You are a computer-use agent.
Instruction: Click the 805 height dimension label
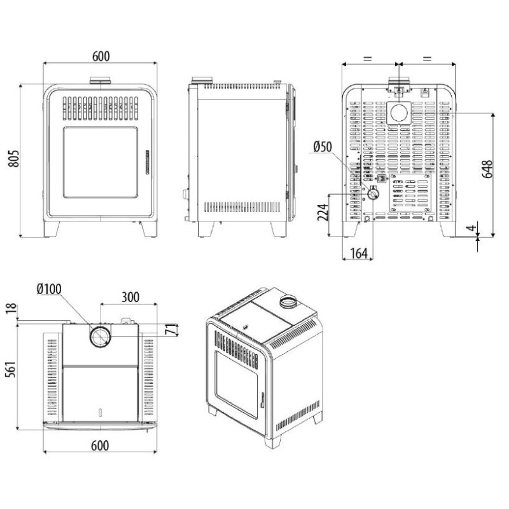(14, 158)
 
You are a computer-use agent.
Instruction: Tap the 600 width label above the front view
(101, 56)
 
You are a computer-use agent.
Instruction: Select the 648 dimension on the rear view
(487, 169)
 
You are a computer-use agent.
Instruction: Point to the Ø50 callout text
(323, 147)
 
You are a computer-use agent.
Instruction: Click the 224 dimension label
(323, 213)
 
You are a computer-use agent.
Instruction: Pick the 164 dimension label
(359, 253)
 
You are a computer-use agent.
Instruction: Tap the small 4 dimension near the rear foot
(472, 227)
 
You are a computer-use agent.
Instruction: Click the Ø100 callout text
(49, 289)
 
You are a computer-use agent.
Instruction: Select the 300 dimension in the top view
(130, 297)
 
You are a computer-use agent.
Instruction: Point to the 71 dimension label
(171, 330)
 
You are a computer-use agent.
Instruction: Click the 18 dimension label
(11, 309)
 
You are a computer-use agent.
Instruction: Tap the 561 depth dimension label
(11, 370)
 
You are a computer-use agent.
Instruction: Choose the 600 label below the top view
(100, 446)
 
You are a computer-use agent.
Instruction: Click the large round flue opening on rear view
(399, 113)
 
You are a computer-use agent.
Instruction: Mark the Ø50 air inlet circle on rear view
(373, 194)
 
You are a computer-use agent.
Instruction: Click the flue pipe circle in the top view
(101, 337)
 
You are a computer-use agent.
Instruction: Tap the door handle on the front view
(147, 162)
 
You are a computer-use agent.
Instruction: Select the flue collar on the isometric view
(288, 302)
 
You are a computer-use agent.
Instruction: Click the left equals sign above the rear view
(367, 59)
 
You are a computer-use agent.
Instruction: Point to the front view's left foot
(52, 229)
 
